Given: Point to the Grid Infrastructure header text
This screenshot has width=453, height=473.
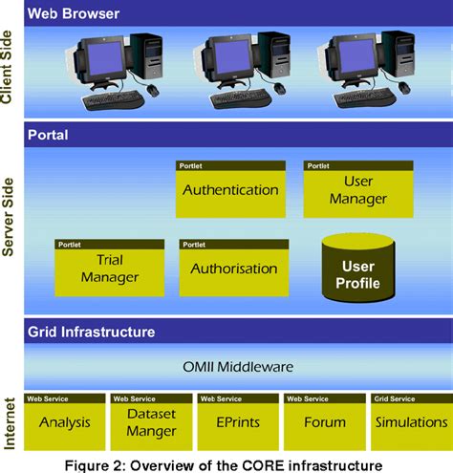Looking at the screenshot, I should click(91, 333).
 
